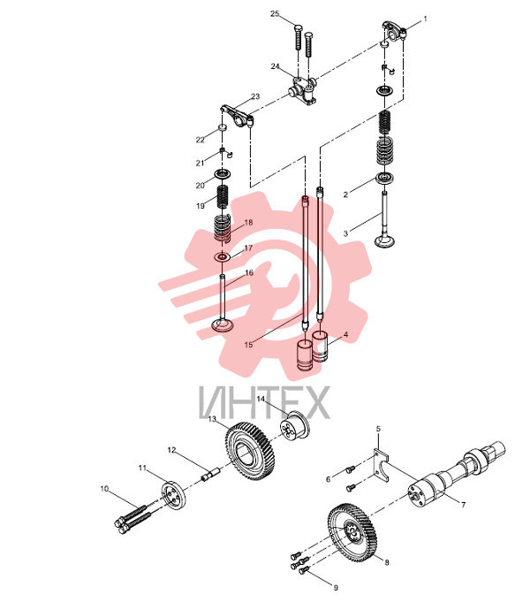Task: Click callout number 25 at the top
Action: pyautogui.click(x=275, y=13)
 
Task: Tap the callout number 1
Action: pyautogui.click(x=425, y=19)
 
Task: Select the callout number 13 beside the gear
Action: pyautogui.click(x=212, y=419)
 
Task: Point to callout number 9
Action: pyautogui.click(x=336, y=587)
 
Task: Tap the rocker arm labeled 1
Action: pyautogui.click(x=394, y=31)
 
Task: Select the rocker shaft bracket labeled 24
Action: pyautogui.click(x=303, y=91)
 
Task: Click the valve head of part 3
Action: pyautogui.click(x=384, y=241)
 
